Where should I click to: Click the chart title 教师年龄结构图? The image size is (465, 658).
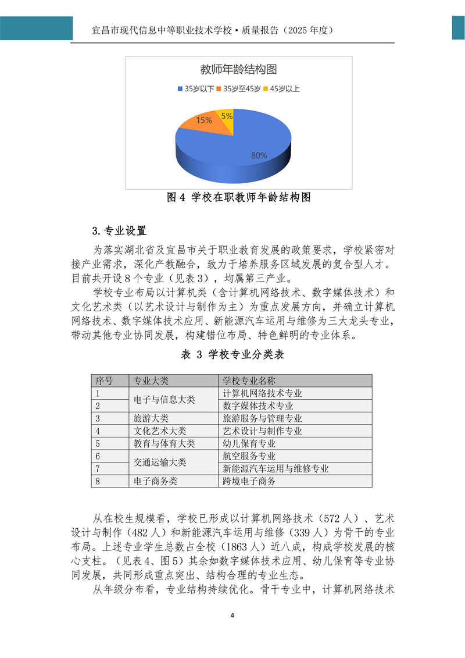pos(238,70)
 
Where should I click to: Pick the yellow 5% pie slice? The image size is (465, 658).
pos(226,116)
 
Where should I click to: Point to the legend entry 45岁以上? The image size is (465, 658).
pos(282,89)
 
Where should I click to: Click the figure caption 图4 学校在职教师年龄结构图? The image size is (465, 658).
pos(238,198)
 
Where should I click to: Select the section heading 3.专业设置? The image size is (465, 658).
pos(120,231)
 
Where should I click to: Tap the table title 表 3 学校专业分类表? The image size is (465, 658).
pos(232,354)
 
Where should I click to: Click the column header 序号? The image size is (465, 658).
pos(104,380)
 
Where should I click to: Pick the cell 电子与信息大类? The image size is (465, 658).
pos(164,400)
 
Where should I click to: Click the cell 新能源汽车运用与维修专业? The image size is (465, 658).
pos(276,468)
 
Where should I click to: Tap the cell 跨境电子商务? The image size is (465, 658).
pos(249,481)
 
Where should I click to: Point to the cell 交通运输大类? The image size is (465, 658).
pos(160,463)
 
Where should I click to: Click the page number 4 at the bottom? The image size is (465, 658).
pos(232,616)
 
